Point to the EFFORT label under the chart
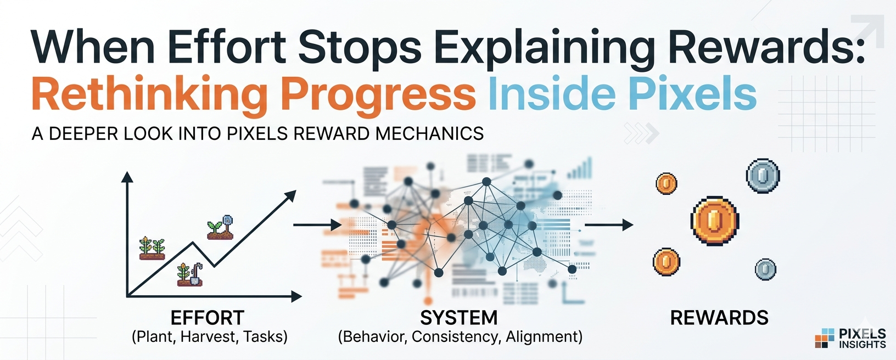tap(207, 318)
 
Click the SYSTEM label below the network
tap(459, 318)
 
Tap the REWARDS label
tap(719, 318)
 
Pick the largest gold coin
tap(714, 221)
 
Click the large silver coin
tap(763, 176)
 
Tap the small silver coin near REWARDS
tap(765, 269)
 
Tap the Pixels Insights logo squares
tap(824, 338)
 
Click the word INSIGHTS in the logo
tap(862, 345)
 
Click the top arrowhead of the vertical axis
tap(127, 177)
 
